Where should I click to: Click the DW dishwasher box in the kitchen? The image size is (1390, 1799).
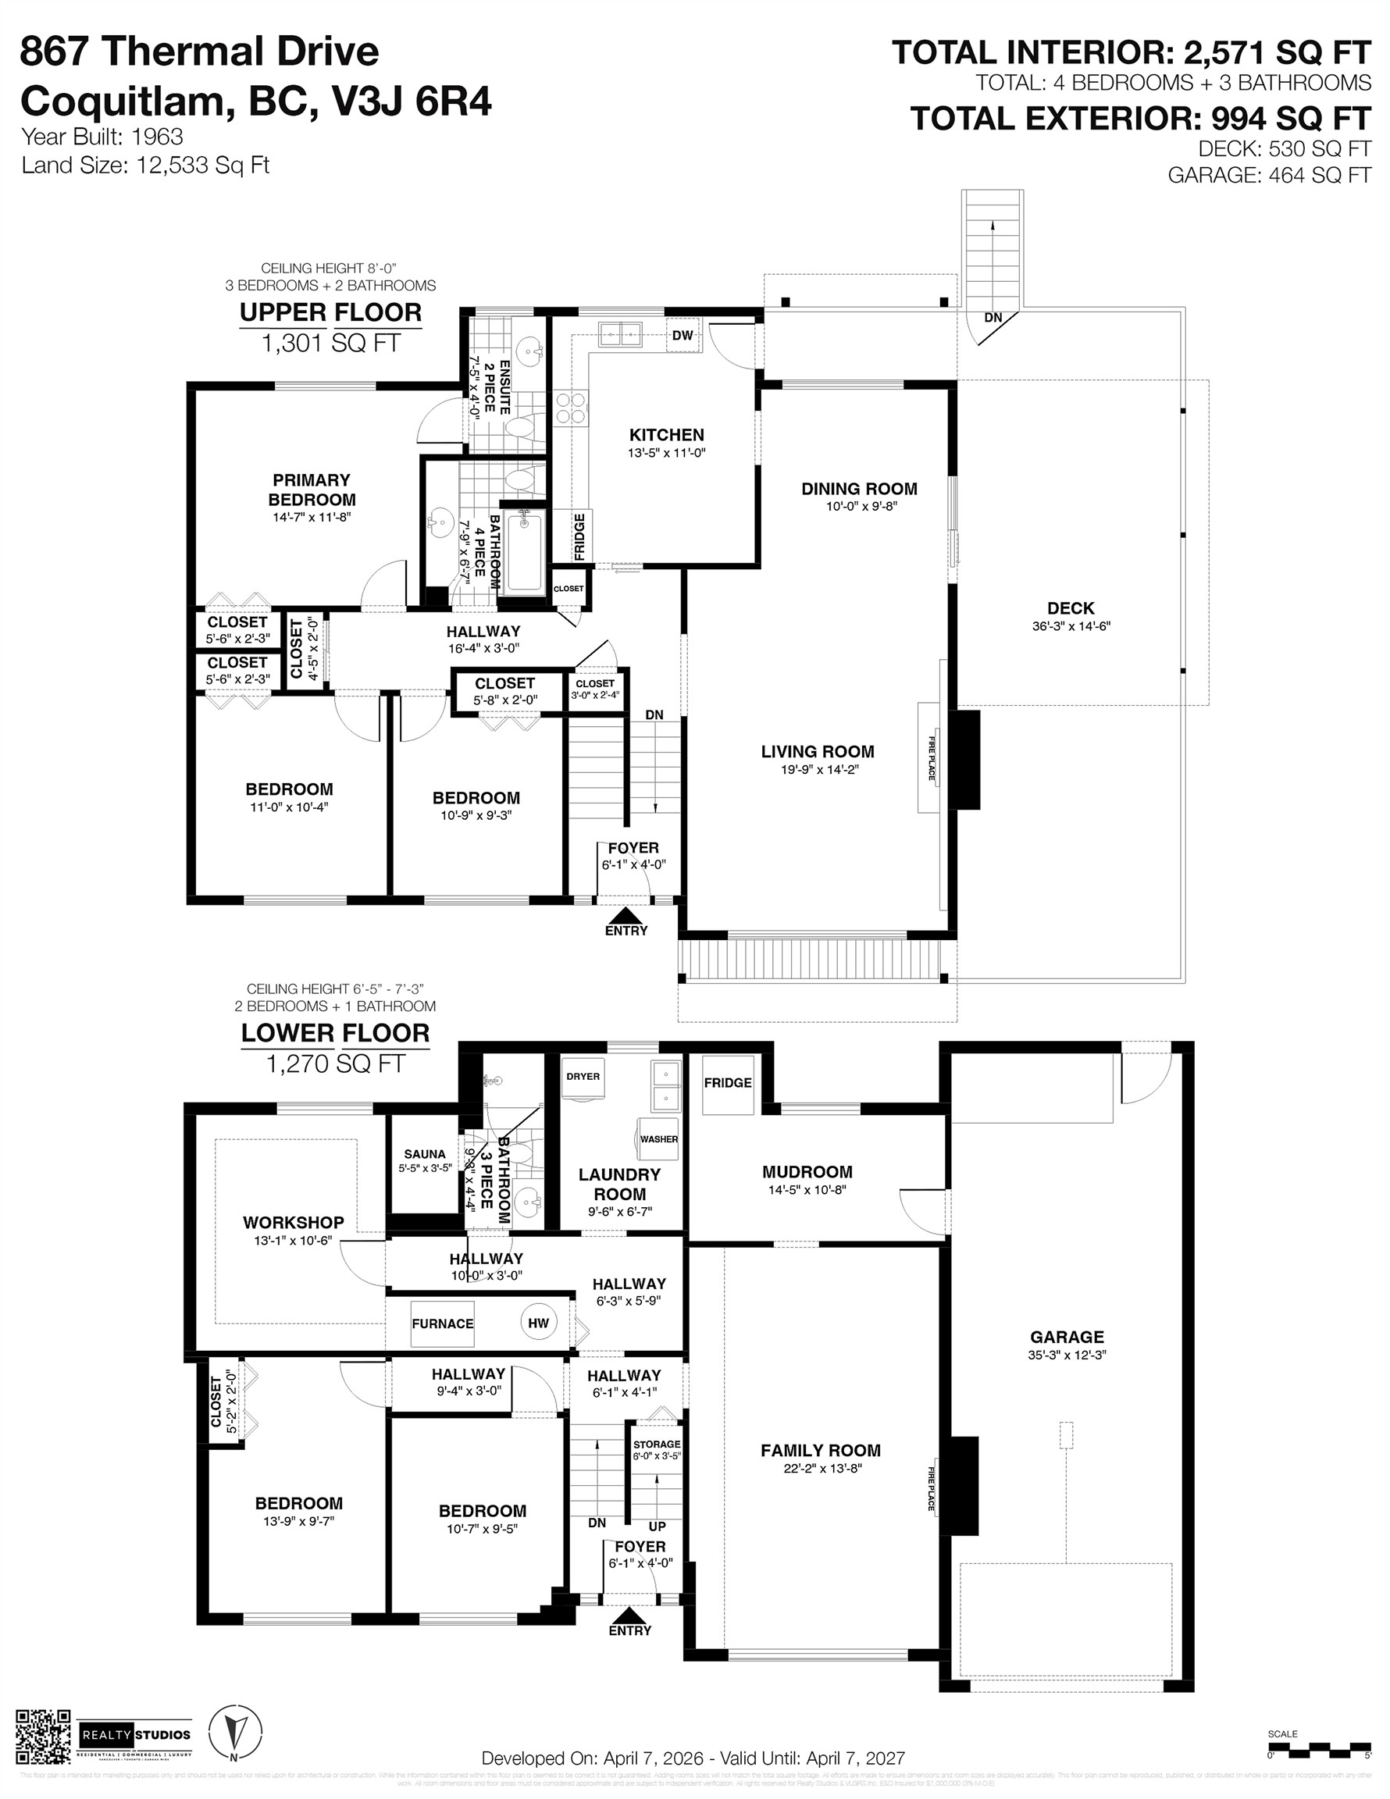(683, 335)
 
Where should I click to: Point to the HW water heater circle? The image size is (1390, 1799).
(538, 1323)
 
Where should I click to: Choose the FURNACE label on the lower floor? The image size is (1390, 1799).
(443, 1323)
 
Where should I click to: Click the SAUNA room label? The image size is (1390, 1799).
(424, 1154)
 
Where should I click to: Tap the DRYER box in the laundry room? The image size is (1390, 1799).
(583, 1078)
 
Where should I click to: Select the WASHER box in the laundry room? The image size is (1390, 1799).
(658, 1138)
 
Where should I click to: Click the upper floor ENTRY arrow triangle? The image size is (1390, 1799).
(626, 914)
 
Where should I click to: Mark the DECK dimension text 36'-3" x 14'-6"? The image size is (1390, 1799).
(1071, 626)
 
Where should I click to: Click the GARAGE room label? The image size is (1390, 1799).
(1066, 1337)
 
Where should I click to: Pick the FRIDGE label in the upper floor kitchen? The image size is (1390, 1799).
(580, 536)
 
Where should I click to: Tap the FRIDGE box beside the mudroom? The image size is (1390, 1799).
(728, 1083)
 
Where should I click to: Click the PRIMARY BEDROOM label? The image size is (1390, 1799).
(312, 490)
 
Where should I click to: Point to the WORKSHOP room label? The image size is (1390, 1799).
(294, 1223)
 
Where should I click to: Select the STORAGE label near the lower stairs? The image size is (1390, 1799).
(657, 1445)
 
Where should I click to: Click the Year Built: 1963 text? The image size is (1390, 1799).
(102, 137)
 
